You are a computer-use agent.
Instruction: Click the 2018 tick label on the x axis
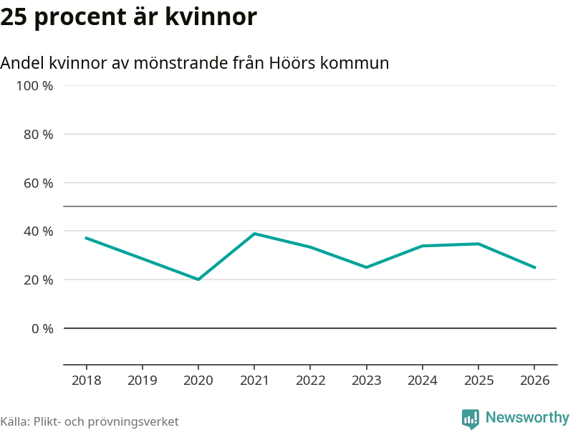[x=86, y=380]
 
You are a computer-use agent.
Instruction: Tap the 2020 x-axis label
[x=198, y=380]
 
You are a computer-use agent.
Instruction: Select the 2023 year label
[x=367, y=380]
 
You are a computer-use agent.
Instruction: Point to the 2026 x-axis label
[x=535, y=380]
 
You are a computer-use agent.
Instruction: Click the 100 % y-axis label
[x=35, y=86]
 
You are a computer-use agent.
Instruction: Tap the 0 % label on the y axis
[x=42, y=328]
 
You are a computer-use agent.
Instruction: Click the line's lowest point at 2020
[x=198, y=279]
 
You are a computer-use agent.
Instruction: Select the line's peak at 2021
[x=254, y=234]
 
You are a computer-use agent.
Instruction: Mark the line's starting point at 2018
[x=86, y=238]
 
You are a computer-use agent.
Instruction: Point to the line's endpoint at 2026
[x=535, y=267]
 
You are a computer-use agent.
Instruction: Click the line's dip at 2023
[x=367, y=267]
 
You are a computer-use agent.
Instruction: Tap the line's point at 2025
[x=478, y=244]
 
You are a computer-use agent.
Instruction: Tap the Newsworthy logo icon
[x=471, y=419]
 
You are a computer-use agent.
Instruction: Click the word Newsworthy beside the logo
[x=527, y=417]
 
